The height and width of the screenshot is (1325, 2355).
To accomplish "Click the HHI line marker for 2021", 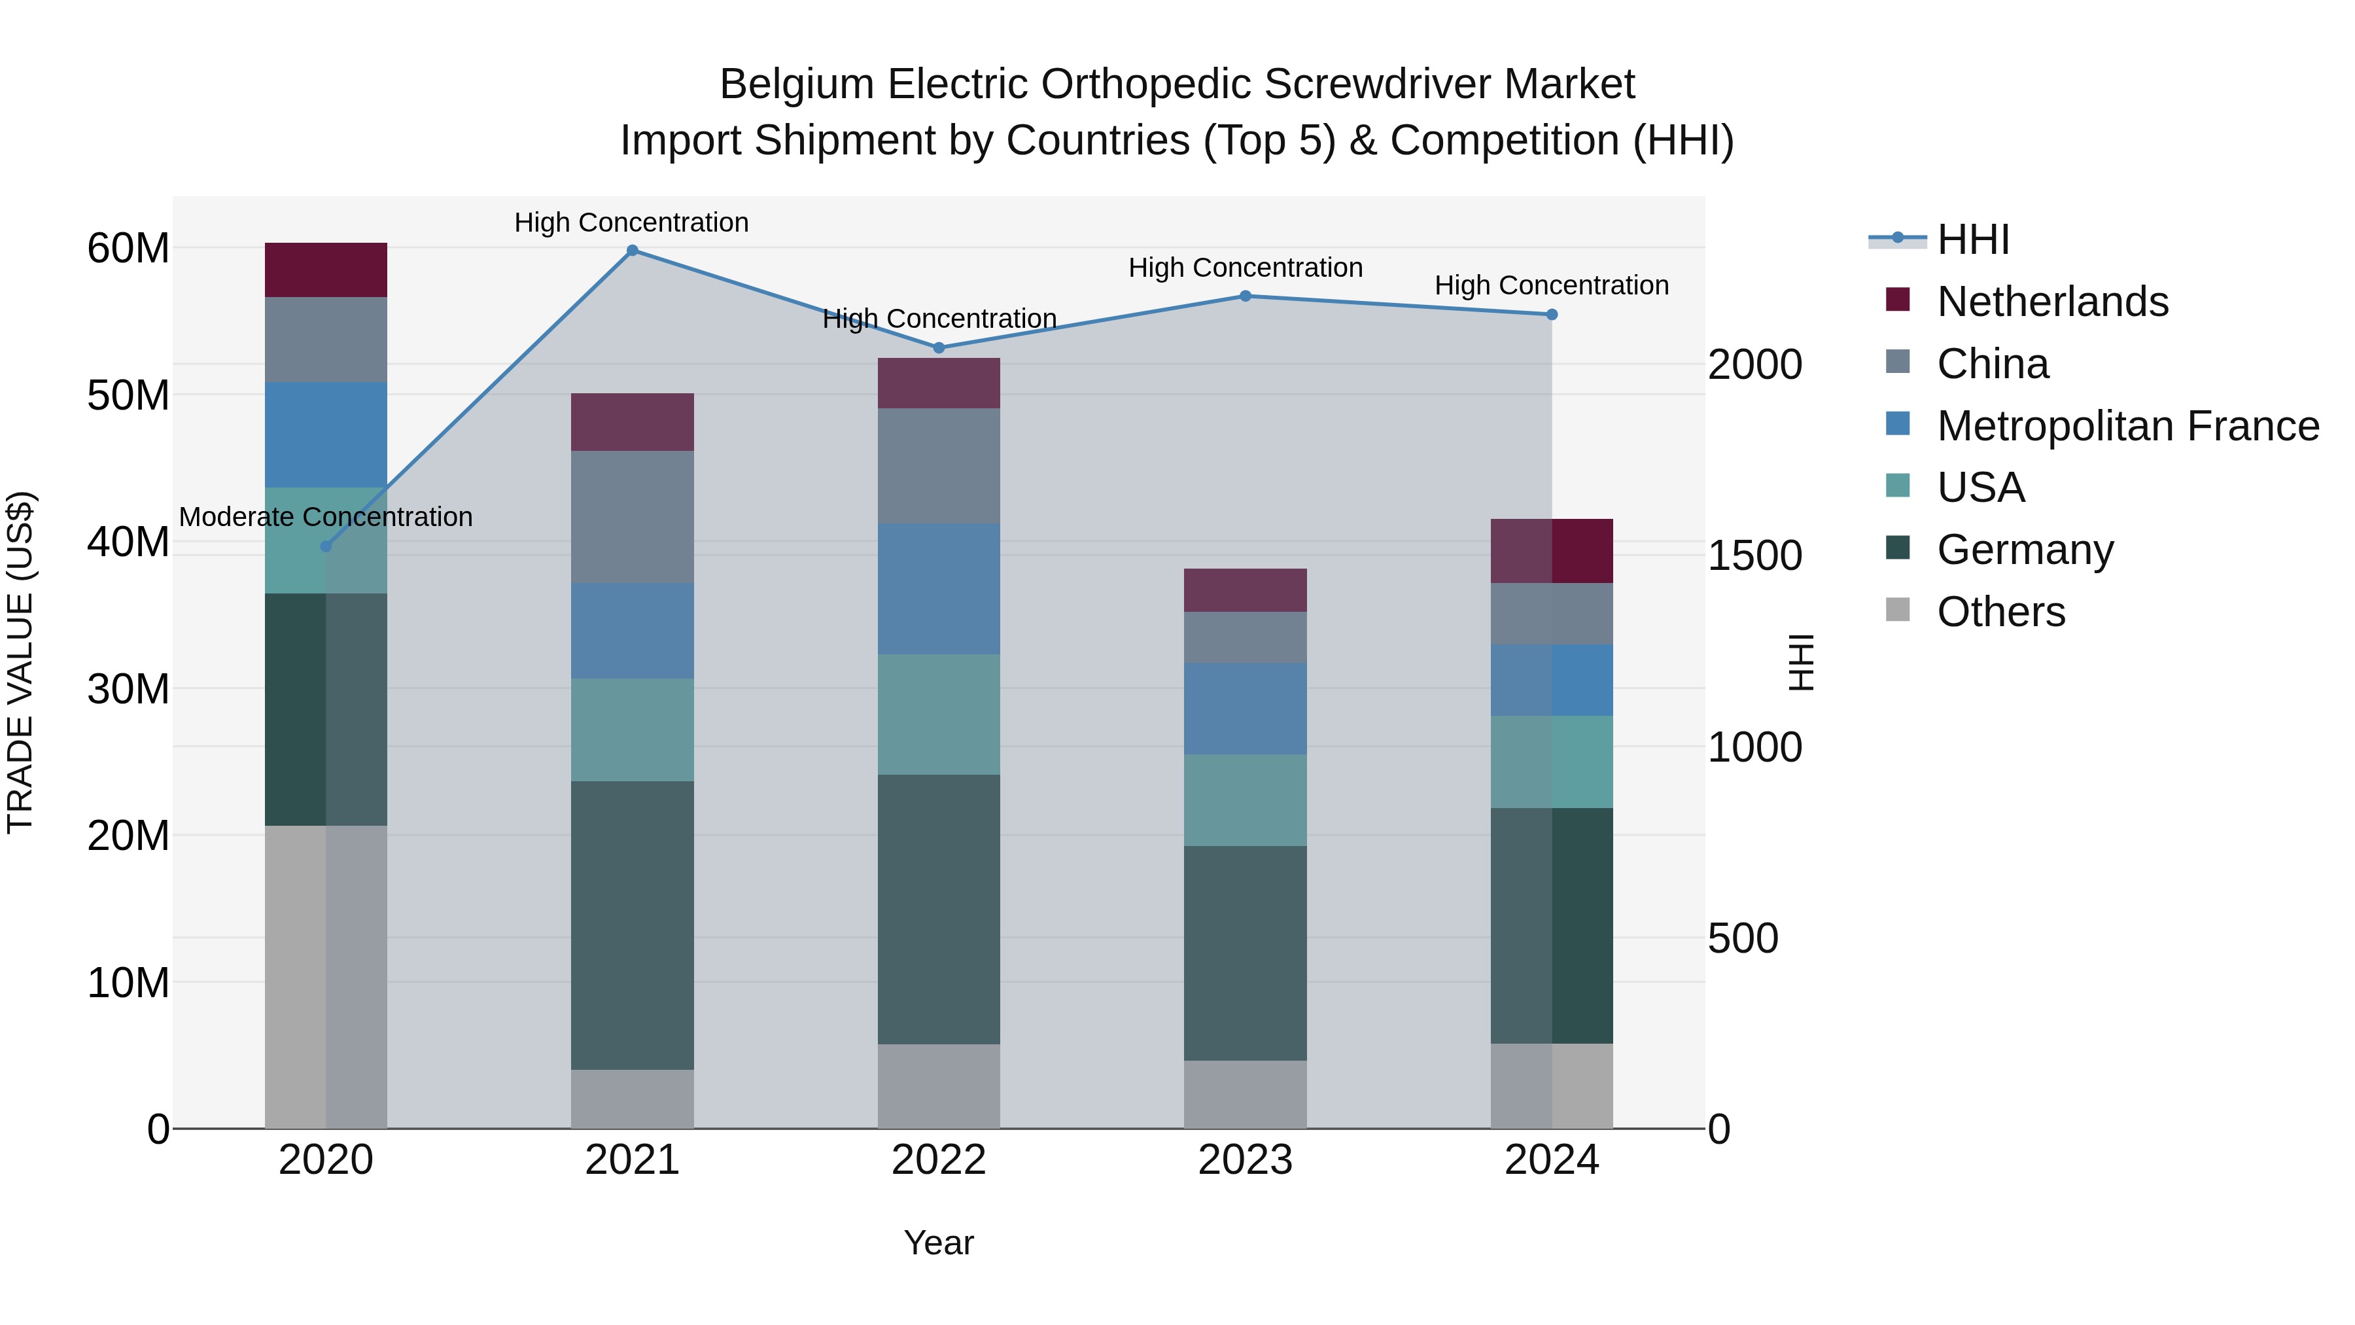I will [632, 251].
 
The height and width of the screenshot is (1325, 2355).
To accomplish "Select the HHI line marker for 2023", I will [1245, 296].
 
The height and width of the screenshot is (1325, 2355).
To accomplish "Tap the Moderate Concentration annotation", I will [326, 517].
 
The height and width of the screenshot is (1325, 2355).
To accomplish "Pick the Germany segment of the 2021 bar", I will [632, 925].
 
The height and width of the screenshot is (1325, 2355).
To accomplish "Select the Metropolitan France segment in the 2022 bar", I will [938, 589].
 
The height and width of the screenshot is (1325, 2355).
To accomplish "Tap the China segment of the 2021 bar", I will [632, 517].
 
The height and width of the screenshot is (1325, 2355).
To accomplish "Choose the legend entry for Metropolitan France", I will [2127, 426].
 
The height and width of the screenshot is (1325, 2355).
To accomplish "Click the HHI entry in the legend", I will [1973, 239].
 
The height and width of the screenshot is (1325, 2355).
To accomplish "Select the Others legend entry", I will [2000, 612].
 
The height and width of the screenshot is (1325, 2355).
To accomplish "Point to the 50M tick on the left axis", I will [128, 395].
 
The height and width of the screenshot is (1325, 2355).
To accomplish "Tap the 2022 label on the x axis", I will [938, 1160].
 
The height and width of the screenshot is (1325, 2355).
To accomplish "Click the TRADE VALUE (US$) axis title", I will [20, 662].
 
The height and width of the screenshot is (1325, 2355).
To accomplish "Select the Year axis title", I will [938, 1243].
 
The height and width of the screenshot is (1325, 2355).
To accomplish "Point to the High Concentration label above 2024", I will [1552, 285].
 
